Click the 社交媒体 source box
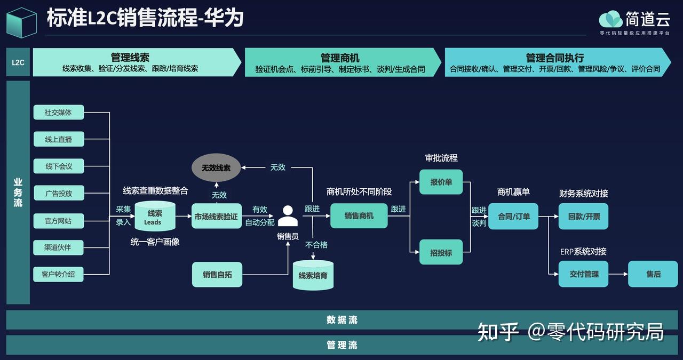[x=59, y=113]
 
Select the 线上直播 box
[x=59, y=139]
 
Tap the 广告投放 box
[x=59, y=193]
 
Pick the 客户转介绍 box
[x=59, y=275]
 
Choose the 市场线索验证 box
[x=216, y=217]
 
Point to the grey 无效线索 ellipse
[x=216, y=167]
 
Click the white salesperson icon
[x=288, y=217]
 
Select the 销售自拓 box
[x=217, y=275]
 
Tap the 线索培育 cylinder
[x=313, y=275]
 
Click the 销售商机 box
[x=359, y=216]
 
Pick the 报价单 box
[x=441, y=182]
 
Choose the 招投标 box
[x=441, y=253]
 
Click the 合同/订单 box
[x=513, y=217]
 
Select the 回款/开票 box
[x=583, y=217]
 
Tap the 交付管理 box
[x=583, y=274]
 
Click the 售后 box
[x=653, y=274]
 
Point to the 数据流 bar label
[x=342, y=320]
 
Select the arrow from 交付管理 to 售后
[x=618, y=274]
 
